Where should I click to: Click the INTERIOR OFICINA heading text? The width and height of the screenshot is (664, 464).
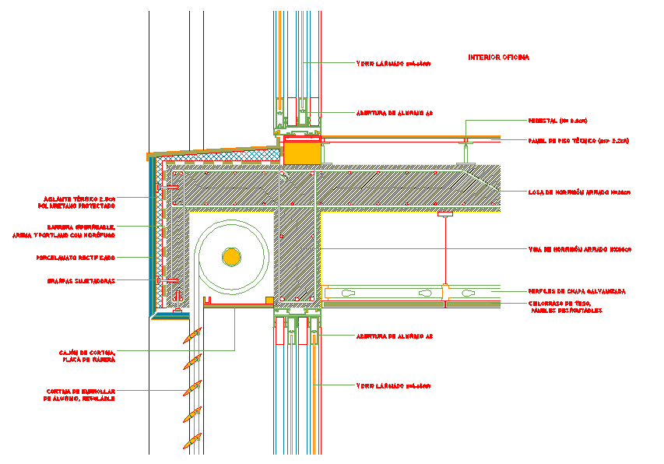[x=498, y=58]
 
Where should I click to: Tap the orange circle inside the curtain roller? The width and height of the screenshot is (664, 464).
[x=230, y=256]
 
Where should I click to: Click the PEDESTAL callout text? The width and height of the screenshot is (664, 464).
[x=557, y=121]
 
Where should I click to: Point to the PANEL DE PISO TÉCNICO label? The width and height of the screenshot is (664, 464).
[x=567, y=141]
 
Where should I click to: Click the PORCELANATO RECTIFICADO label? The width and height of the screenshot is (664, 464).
[x=75, y=257]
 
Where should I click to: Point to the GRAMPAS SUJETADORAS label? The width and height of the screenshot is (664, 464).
[x=76, y=280]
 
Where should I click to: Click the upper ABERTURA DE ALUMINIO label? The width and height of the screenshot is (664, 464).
[x=394, y=113]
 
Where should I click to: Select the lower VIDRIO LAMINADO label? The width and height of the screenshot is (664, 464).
[x=393, y=385]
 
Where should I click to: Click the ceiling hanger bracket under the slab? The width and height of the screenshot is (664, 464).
[x=444, y=213]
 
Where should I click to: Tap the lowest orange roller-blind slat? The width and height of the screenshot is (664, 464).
[x=191, y=441]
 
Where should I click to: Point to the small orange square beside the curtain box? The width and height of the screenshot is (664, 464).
[x=269, y=300]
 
